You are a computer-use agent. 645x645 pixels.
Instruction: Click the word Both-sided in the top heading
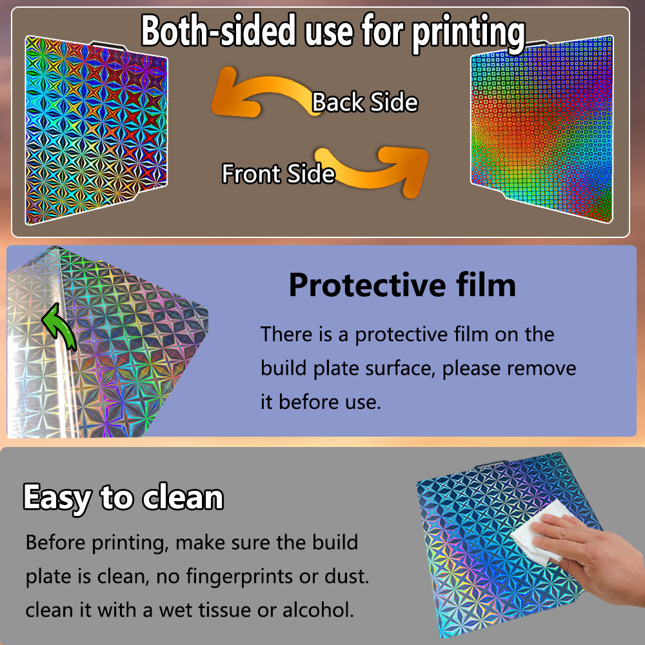click(x=219, y=30)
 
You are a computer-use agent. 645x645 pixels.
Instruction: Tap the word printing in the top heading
click(x=468, y=33)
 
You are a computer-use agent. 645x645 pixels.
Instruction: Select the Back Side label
click(x=365, y=102)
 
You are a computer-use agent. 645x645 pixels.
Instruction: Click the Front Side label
click(x=279, y=173)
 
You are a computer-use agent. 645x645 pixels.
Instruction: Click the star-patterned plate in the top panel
click(x=96, y=130)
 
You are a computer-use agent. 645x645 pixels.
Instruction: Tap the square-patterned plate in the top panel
click(x=542, y=128)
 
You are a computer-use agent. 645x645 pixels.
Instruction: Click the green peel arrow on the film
click(x=59, y=327)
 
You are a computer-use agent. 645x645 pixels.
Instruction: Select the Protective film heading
click(x=402, y=285)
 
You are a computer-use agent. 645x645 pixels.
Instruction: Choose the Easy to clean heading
click(x=123, y=498)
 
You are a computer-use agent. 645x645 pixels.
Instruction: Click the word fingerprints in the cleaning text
click(x=239, y=577)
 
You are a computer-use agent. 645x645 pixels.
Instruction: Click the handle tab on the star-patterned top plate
click(x=108, y=45)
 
